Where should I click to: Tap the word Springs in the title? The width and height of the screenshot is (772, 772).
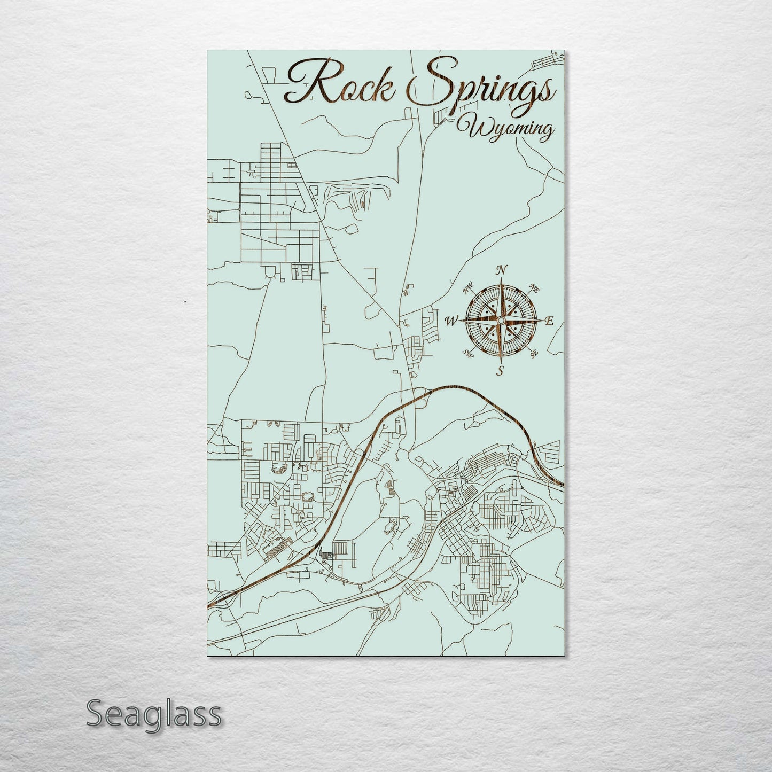tap(481, 85)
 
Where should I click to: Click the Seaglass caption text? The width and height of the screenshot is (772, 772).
tap(153, 714)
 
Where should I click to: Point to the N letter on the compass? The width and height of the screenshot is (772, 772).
tap(501, 270)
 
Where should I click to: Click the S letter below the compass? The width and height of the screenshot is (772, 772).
tap(500, 371)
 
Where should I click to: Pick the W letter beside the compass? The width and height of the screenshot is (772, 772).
tap(452, 321)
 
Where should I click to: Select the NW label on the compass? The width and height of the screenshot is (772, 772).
tap(469, 290)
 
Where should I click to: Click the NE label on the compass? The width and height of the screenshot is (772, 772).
tap(533, 289)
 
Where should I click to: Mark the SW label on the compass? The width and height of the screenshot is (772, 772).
tap(469, 353)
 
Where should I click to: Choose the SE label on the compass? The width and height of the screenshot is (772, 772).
tap(533, 353)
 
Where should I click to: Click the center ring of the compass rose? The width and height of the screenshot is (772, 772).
tap(501, 320)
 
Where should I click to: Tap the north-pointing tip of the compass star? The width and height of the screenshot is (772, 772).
tap(501, 279)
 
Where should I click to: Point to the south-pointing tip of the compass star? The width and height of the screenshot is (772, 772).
tap(501, 361)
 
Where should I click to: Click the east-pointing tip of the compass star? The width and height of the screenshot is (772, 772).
tap(542, 321)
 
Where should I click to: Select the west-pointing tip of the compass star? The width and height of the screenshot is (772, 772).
tap(461, 321)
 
